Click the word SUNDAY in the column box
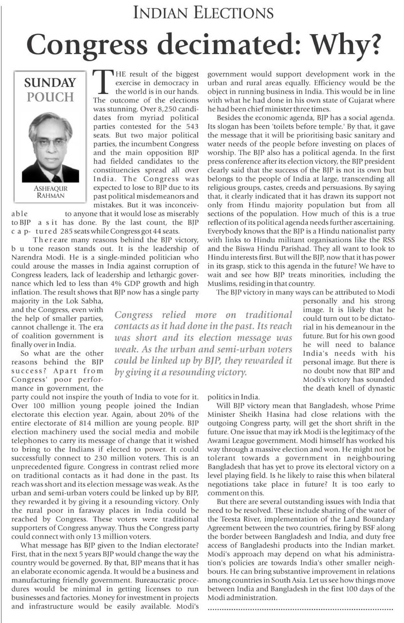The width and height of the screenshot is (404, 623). [50, 83]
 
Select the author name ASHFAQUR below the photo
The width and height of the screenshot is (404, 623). [50, 188]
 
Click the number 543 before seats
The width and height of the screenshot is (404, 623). [192, 126]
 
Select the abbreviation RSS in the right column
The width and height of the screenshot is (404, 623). [387, 240]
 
